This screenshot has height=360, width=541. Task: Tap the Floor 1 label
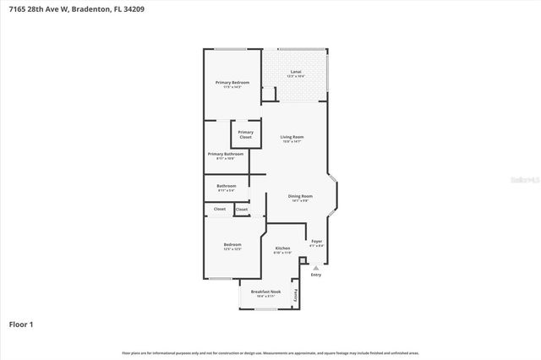point(21,324)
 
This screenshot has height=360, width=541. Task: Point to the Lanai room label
point(296,72)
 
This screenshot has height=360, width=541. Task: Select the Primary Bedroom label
point(232,82)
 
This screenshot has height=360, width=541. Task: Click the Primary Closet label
point(245,134)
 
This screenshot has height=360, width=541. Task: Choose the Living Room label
point(292,136)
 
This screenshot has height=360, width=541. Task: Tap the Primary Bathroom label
point(226,154)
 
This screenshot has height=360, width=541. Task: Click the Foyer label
point(317,241)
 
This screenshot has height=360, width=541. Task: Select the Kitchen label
point(282,248)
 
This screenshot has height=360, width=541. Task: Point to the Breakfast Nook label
point(265,292)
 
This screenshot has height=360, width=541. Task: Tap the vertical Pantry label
point(295,295)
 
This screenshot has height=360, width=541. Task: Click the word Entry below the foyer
point(316,275)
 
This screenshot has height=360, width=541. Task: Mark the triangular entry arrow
point(316,266)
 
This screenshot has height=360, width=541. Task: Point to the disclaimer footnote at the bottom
point(270,352)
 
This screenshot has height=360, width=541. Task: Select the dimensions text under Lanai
point(296,77)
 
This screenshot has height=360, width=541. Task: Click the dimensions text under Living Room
point(292,141)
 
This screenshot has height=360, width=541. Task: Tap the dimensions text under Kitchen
point(282,253)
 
